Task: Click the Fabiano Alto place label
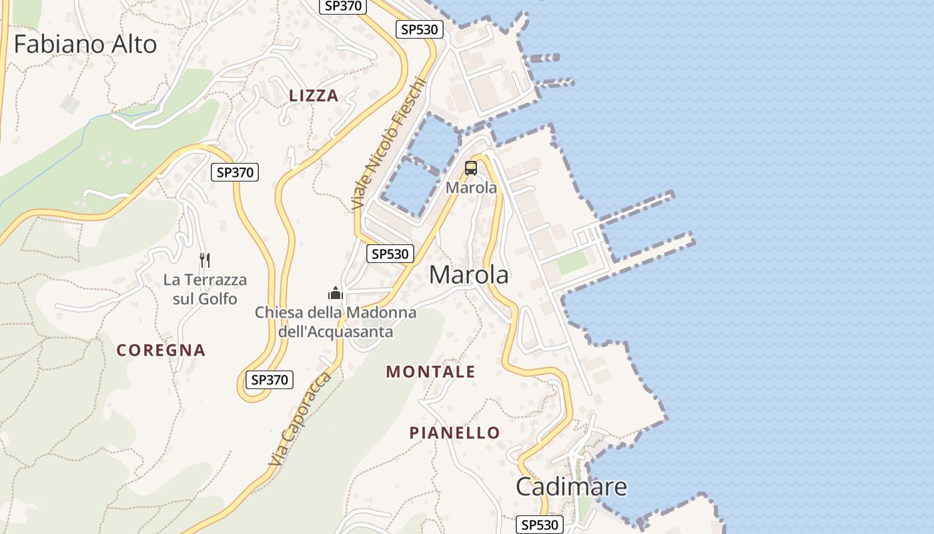coord(85,44)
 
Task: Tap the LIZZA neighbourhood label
coord(314,96)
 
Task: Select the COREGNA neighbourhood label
coord(161,350)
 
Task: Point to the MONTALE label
coord(430,372)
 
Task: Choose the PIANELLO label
coord(454,433)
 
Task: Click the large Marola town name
coord(468,275)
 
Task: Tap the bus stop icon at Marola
coord(471,168)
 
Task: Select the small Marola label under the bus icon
coord(471,188)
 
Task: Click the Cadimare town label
coord(571,487)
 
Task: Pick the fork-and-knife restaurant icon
coord(205,260)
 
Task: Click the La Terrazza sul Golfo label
coord(205,289)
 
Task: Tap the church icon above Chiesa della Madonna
coord(335,293)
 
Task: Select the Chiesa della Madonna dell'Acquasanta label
coord(335,322)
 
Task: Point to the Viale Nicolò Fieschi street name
coord(388,144)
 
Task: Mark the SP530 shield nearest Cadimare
coord(539,525)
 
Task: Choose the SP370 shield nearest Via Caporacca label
coord(270,380)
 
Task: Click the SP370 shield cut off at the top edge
coord(344,6)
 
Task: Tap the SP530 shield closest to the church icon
coord(390,254)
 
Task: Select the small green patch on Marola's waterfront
coord(572,262)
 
